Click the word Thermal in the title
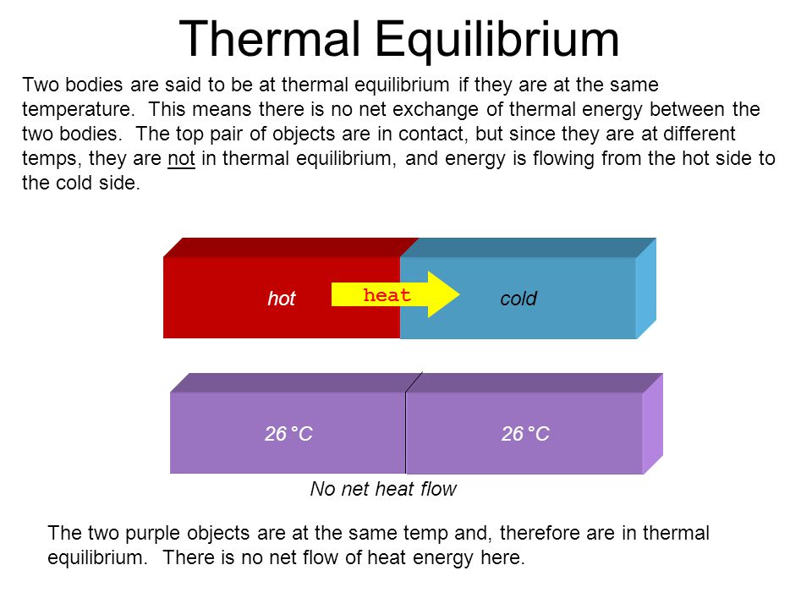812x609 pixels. [272, 39]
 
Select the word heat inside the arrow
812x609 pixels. [387, 295]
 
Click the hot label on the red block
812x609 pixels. [282, 299]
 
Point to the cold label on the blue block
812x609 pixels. [518, 299]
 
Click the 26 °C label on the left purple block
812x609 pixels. [288, 435]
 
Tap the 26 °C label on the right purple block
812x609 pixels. [525, 435]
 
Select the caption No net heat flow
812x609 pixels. [383, 489]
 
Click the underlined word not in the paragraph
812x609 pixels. [181, 160]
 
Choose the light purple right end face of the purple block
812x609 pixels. [652, 425]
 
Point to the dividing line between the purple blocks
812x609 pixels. [406, 431]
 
